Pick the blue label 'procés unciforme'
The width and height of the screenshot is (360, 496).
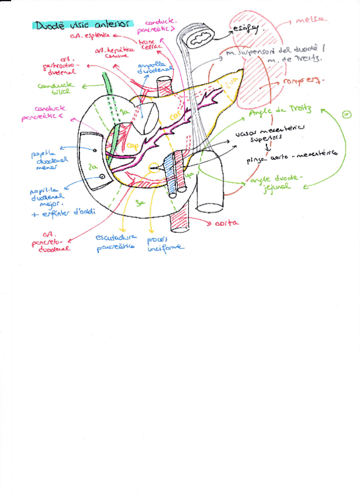(165, 242)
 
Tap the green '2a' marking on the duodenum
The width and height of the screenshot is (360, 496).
(92, 166)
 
